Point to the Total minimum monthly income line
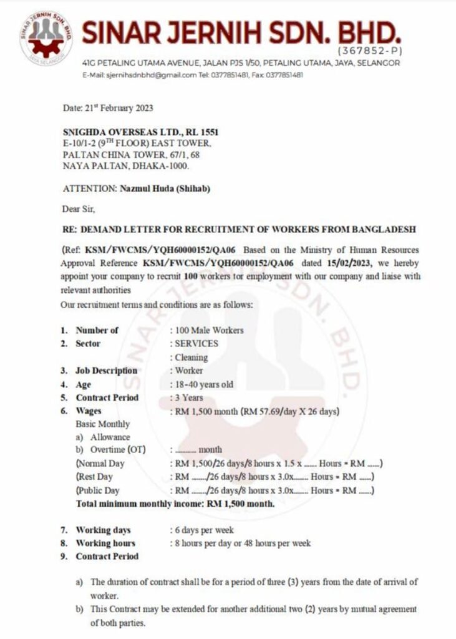coord(175,504)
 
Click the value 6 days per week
coord(201,530)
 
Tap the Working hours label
coord(105,543)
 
